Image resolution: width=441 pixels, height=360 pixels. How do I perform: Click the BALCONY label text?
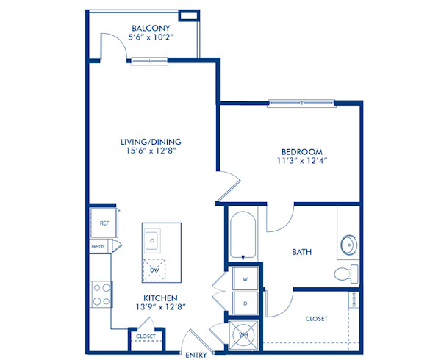point(154,29)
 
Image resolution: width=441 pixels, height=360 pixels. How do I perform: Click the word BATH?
point(301,252)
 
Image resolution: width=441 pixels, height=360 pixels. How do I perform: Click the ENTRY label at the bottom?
point(196,355)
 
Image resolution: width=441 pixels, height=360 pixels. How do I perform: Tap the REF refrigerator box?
point(104,223)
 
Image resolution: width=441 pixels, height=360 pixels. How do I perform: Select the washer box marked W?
point(245,278)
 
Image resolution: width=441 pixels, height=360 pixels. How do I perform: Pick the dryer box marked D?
point(245,302)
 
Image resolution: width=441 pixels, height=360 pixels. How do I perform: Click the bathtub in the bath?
point(243,235)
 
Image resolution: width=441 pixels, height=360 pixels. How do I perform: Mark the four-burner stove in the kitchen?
point(101,294)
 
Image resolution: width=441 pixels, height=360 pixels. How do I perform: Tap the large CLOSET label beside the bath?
point(315,318)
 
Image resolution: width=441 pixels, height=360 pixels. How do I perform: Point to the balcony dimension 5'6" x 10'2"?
point(154,38)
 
